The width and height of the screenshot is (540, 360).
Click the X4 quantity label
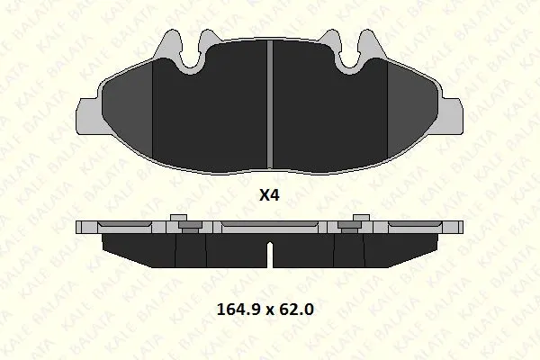[x=269, y=195]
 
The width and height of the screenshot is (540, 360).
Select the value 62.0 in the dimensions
[x=296, y=310]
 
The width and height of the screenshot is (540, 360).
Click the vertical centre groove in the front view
[x=270, y=104]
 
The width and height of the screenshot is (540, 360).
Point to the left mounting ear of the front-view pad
[x=88, y=115]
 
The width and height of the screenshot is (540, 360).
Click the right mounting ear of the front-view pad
[x=451, y=115]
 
